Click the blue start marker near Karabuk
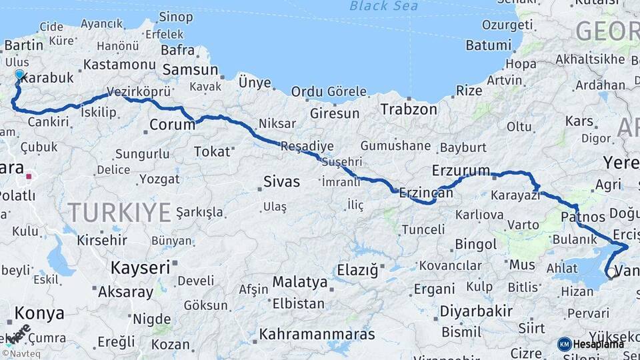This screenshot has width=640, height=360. (x=19, y=75)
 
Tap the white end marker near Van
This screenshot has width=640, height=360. (x=611, y=272)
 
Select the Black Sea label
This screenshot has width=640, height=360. (x=383, y=6)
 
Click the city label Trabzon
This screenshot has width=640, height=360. (x=409, y=109)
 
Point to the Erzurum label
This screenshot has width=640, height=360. (x=461, y=169)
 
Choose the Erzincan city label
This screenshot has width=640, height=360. (x=426, y=193)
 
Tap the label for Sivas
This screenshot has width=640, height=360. (x=281, y=181)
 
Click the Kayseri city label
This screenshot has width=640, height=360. (x=140, y=267)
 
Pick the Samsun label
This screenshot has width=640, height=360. (x=191, y=69)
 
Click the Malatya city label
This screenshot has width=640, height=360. (x=300, y=282)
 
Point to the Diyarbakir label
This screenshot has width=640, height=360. (x=476, y=311)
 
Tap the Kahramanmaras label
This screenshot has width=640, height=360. (x=317, y=334)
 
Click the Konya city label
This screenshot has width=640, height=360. (x=39, y=313)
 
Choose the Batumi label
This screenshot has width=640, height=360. (x=488, y=45)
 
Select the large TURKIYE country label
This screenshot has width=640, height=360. (x=119, y=213)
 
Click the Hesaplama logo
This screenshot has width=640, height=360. (x=591, y=344)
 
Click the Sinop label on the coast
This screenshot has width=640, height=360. (x=176, y=17)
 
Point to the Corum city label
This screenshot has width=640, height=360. (x=172, y=124)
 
